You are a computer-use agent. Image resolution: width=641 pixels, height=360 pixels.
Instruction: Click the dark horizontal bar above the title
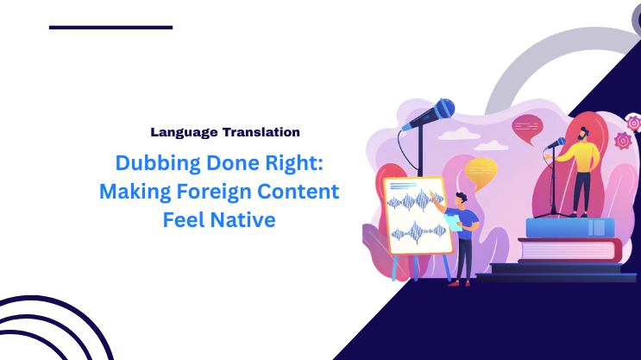[110, 28]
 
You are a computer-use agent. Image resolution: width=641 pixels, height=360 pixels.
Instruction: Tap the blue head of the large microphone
[443, 109]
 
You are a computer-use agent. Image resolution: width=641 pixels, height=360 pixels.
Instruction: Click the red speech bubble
[526, 129]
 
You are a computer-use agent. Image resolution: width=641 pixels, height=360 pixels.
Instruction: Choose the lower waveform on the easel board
[418, 231]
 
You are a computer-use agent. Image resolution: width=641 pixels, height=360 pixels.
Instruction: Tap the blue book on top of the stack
[569, 228]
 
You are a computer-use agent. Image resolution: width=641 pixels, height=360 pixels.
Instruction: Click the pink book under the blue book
[569, 249]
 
